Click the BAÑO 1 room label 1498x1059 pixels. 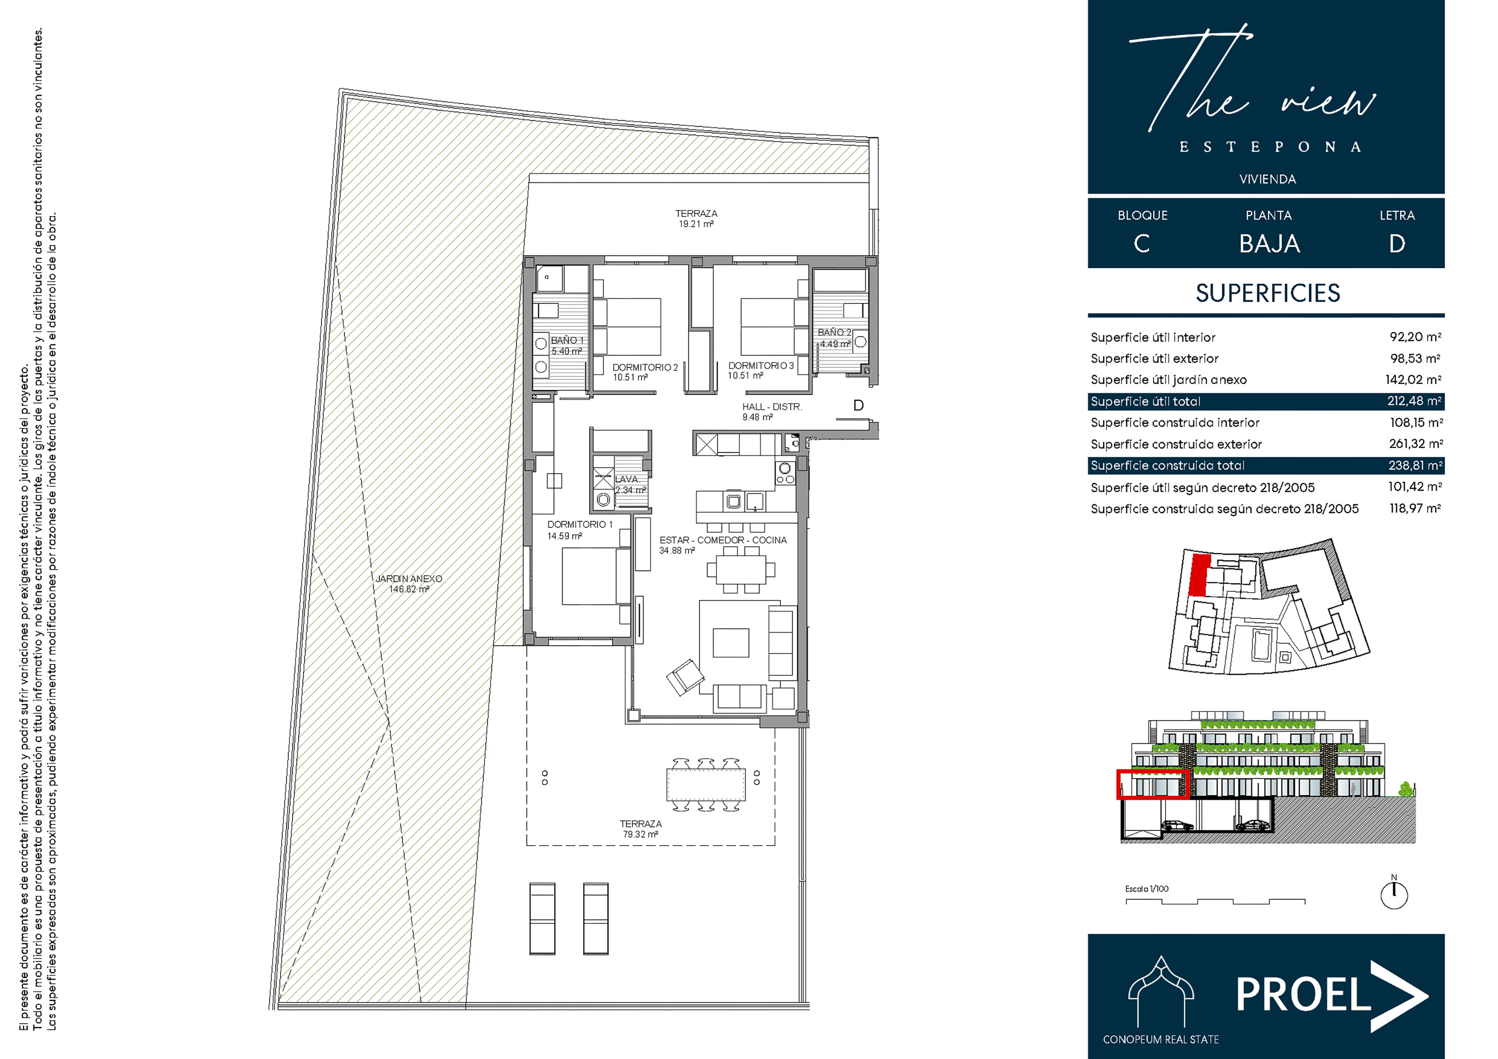[x=567, y=340]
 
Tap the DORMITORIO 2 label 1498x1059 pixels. [x=645, y=367]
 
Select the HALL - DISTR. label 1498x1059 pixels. [x=772, y=406]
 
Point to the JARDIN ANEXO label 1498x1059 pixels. [x=408, y=579]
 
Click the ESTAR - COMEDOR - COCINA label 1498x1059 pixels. [x=723, y=540]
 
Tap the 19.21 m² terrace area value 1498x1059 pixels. [x=696, y=224]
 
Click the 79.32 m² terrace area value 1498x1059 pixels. [x=640, y=834]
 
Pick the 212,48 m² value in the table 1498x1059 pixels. [x=1414, y=400]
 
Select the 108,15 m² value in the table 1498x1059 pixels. [x=1416, y=422]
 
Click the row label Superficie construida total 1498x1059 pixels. [x=1167, y=465]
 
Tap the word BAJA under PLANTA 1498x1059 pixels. [x=1269, y=244]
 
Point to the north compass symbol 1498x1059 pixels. [x=1394, y=893]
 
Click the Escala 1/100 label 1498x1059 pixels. [x=1146, y=889]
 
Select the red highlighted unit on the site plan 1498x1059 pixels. [x=1198, y=575]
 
